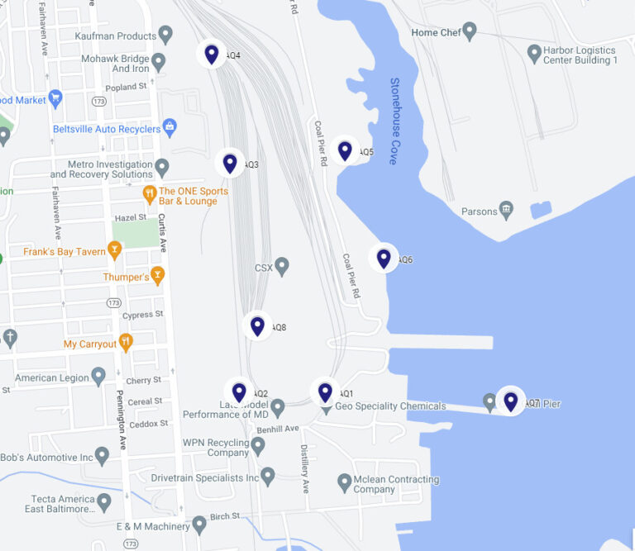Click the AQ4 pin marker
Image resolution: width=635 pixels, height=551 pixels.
(212, 55)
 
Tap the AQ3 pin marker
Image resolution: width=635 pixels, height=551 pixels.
(230, 163)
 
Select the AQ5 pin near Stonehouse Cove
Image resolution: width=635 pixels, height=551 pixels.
(345, 150)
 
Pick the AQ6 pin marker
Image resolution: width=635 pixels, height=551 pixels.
(384, 259)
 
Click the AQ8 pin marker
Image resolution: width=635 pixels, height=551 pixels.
(258, 325)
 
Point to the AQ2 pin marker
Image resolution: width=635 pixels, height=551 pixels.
(239, 392)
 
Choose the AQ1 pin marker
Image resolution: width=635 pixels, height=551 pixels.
(325, 392)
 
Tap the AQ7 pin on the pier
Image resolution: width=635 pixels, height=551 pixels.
(510, 401)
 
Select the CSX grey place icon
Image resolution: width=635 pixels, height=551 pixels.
(282, 267)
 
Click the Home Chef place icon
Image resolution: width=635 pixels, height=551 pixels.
(470, 32)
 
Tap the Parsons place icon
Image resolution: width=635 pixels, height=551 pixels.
(507, 211)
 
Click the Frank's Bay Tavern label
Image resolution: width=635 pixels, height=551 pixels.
(64, 251)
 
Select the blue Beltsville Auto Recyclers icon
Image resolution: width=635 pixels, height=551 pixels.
(169, 128)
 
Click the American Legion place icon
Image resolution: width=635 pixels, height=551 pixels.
(98, 378)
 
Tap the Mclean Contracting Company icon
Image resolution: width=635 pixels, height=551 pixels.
(345, 482)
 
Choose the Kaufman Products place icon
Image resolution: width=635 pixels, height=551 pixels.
(165, 36)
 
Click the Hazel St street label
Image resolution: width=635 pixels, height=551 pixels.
(131, 216)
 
